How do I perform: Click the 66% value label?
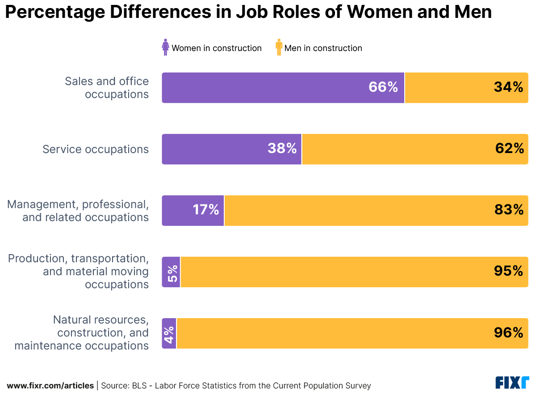point(383,87)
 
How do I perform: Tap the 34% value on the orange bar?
point(508,87)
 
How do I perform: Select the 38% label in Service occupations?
point(282,149)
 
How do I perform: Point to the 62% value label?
point(509,149)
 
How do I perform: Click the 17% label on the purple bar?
point(205,210)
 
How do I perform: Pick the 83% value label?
point(509,210)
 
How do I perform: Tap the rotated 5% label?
point(172,272)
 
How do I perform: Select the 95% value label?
point(508,271)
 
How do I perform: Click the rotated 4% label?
point(169,333)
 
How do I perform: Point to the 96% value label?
point(508,332)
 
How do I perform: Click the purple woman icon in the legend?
point(166,47)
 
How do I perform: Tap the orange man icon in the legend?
point(279,47)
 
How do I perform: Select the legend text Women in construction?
point(217,48)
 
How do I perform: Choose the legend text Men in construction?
point(323,48)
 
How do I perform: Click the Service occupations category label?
point(96,149)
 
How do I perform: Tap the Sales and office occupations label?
point(107,88)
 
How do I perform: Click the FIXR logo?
point(512,383)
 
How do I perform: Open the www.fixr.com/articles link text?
point(50,386)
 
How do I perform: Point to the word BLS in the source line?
point(138,386)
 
